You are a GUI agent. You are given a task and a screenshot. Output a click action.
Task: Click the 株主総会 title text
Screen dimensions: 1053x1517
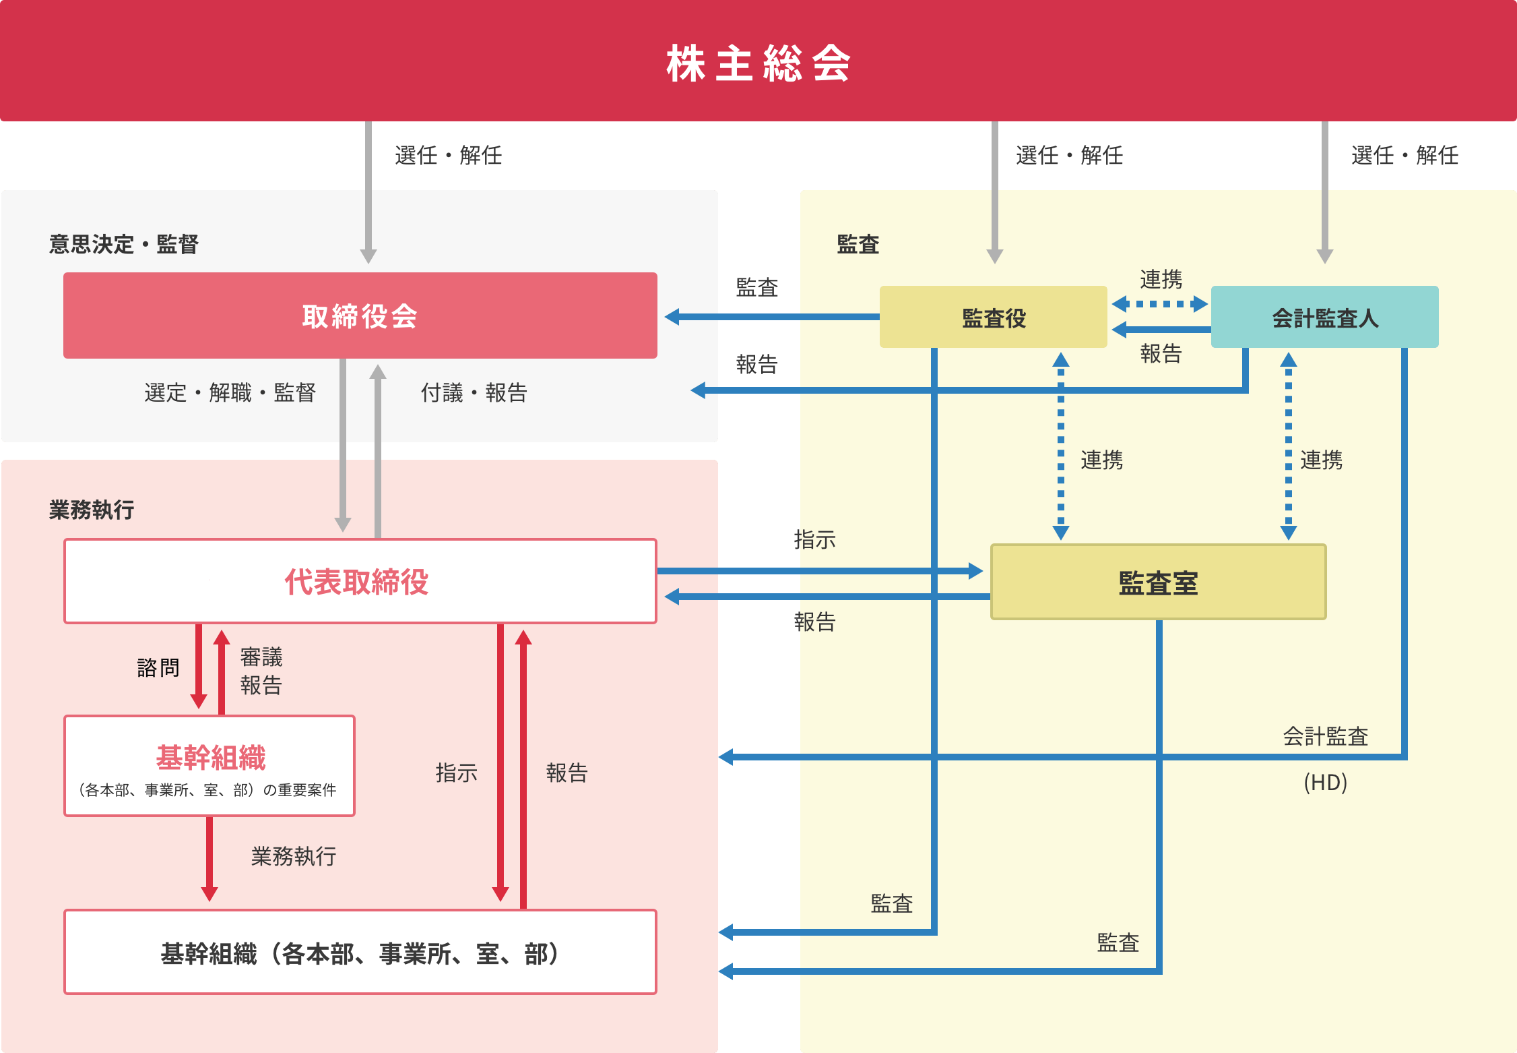(x=758, y=63)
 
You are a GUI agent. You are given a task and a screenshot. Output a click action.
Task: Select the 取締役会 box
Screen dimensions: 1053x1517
(x=360, y=315)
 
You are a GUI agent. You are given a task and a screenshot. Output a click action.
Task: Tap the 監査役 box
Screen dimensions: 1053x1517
(x=993, y=318)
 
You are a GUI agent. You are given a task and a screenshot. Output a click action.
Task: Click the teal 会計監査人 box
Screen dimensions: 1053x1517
(x=1324, y=318)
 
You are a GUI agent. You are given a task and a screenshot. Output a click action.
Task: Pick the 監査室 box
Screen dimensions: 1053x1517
(x=1158, y=582)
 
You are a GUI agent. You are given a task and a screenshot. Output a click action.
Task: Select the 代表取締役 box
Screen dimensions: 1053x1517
(x=360, y=581)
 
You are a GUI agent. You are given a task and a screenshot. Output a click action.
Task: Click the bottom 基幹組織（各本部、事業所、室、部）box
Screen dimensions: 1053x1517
(x=360, y=953)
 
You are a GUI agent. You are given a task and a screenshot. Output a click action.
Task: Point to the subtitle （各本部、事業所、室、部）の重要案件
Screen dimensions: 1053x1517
(x=208, y=790)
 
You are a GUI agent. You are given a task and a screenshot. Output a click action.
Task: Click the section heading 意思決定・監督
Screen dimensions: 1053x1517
(x=123, y=244)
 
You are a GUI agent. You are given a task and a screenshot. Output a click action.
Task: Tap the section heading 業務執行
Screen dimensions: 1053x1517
(x=92, y=510)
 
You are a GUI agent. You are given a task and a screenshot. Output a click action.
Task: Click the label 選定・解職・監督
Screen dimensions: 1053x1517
(x=230, y=392)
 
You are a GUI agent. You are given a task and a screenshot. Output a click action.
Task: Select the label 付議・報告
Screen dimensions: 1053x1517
(x=474, y=392)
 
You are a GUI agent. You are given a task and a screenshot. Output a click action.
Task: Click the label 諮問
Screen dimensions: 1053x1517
(x=158, y=667)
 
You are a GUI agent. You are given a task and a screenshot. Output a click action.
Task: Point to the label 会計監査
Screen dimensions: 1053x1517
(x=1325, y=736)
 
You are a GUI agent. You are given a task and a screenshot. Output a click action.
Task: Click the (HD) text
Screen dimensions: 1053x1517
(x=1325, y=783)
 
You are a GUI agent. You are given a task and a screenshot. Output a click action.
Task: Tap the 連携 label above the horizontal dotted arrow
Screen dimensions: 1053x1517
(x=1161, y=278)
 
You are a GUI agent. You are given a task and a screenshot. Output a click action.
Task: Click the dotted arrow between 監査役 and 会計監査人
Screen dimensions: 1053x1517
(x=1159, y=304)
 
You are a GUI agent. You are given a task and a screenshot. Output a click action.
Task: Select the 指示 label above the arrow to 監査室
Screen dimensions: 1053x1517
(x=814, y=539)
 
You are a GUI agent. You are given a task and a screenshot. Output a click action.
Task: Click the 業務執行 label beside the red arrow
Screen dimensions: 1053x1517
(x=294, y=856)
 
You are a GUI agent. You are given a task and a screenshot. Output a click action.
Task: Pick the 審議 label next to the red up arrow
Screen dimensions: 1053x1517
(x=261, y=657)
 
